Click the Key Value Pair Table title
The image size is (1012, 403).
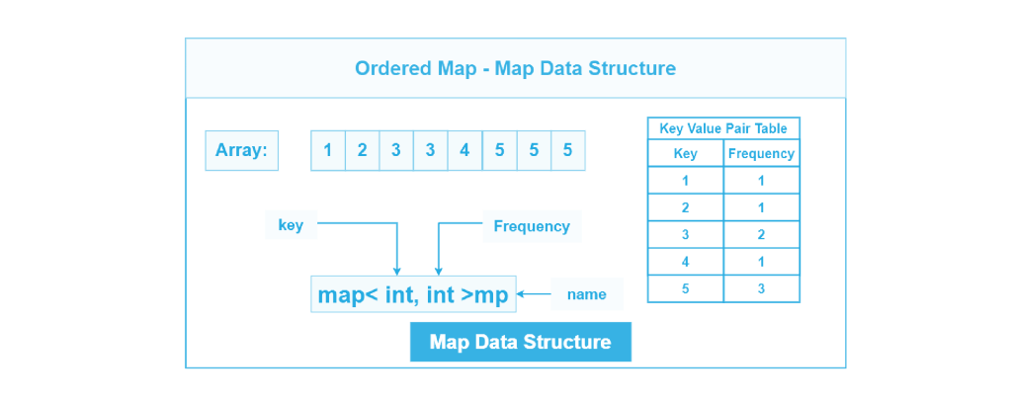pos(723,127)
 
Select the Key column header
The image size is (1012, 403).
pos(685,153)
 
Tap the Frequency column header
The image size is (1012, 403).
pos(761,153)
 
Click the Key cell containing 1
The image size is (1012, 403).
pos(685,180)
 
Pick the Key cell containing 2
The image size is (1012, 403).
pos(685,207)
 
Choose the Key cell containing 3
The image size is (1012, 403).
pos(685,234)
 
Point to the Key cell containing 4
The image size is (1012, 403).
pos(685,262)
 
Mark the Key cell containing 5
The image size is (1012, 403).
pos(685,288)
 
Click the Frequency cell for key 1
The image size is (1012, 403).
pos(761,180)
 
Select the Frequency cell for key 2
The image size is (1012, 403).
pos(761,207)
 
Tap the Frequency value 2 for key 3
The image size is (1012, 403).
pos(761,234)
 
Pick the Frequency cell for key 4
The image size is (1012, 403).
pos(761,262)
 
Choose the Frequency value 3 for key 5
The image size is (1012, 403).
pos(761,288)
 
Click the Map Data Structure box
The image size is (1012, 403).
pos(520,342)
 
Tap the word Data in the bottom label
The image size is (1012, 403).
pos(497,343)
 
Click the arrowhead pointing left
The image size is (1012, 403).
pos(521,293)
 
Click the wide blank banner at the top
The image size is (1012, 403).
pos(515,68)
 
